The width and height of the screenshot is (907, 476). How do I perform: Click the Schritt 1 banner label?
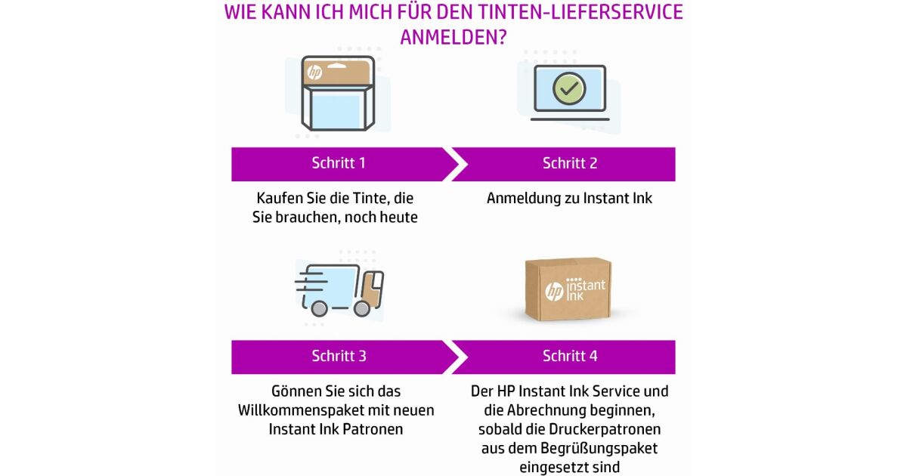339,163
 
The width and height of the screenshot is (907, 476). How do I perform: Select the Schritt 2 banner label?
570,163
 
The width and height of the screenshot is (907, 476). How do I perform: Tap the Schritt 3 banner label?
339,356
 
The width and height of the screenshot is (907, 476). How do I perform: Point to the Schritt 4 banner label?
570,356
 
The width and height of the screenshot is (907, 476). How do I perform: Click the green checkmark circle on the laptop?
569,88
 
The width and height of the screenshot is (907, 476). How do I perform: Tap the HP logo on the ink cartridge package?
314,73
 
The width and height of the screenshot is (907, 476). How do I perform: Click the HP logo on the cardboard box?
554,292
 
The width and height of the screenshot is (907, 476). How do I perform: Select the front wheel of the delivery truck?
361,309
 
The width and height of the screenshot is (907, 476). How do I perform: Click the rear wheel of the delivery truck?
319,309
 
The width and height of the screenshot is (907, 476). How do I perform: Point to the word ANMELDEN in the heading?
453,38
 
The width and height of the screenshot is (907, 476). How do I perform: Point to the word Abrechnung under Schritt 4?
546,410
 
